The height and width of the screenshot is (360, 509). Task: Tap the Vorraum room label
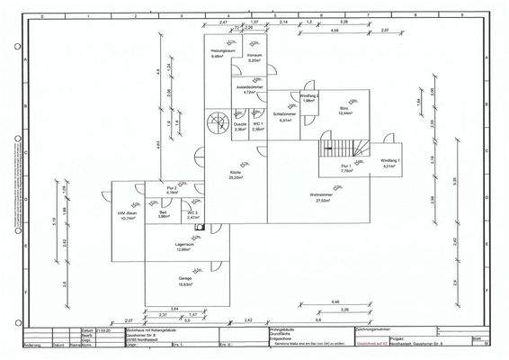254,58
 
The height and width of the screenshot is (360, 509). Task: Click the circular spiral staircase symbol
217,122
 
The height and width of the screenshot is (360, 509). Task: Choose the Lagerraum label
184,247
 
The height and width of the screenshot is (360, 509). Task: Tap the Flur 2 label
172,189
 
